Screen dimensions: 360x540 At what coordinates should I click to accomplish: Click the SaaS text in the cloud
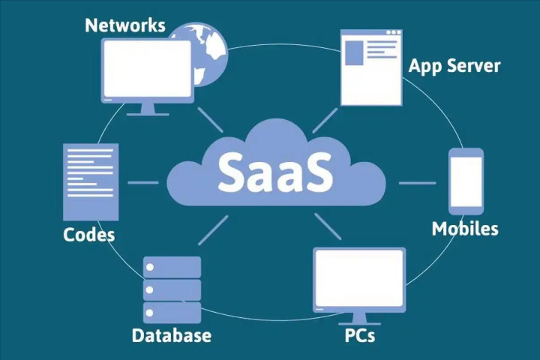click(274, 171)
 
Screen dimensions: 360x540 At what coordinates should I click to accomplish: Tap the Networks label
click(124, 25)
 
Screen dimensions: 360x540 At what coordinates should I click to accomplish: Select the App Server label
click(454, 65)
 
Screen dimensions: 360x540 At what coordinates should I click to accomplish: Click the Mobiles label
click(465, 228)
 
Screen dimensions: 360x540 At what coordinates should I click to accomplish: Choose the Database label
click(171, 334)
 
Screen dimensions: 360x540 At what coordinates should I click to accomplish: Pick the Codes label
click(89, 235)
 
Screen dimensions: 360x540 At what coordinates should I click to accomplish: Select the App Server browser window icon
click(371, 67)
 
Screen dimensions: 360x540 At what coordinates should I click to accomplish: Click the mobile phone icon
click(466, 181)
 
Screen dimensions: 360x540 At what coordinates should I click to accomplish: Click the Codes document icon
click(91, 181)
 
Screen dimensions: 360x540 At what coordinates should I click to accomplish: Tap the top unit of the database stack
click(172, 267)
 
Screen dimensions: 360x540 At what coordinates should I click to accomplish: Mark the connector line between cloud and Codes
click(142, 182)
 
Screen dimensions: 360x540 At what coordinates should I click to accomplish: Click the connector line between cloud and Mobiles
click(416, 182)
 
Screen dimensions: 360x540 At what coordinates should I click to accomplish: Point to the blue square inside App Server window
click(354, 53)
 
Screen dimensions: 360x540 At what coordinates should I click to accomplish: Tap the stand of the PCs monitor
click(359, 315)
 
